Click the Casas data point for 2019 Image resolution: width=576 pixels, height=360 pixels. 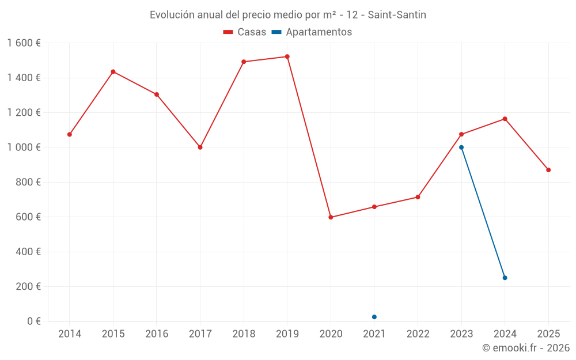click(287, 56)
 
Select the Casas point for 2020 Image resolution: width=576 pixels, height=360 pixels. click(331, 217)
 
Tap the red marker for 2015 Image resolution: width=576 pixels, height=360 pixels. click(113, 71)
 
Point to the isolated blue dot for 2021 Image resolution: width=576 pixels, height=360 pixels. click(374, 317)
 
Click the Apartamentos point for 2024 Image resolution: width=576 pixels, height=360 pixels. click(505, 278)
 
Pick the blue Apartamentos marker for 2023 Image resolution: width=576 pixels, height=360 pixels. click(461, 147)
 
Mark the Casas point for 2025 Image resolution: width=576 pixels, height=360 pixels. click(548, 170)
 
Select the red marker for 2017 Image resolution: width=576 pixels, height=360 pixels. click(200, 147)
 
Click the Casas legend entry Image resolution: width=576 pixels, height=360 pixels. click(245, 32)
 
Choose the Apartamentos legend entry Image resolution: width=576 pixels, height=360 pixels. click(312, 32)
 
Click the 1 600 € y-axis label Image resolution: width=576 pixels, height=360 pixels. click(24, 43)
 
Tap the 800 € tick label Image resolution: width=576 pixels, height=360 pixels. click(27, 182)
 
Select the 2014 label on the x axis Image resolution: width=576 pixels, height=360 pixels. click(70, 334)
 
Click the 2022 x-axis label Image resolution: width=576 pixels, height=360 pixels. click(418, 334)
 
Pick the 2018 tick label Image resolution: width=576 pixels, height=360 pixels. click(244, 334)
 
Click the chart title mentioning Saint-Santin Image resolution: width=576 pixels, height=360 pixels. click(288, 15)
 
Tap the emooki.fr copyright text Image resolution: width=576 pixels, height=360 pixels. click(525, 348)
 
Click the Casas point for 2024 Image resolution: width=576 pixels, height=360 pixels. click(505, 119)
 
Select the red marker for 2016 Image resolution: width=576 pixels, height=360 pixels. click(157, 94)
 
